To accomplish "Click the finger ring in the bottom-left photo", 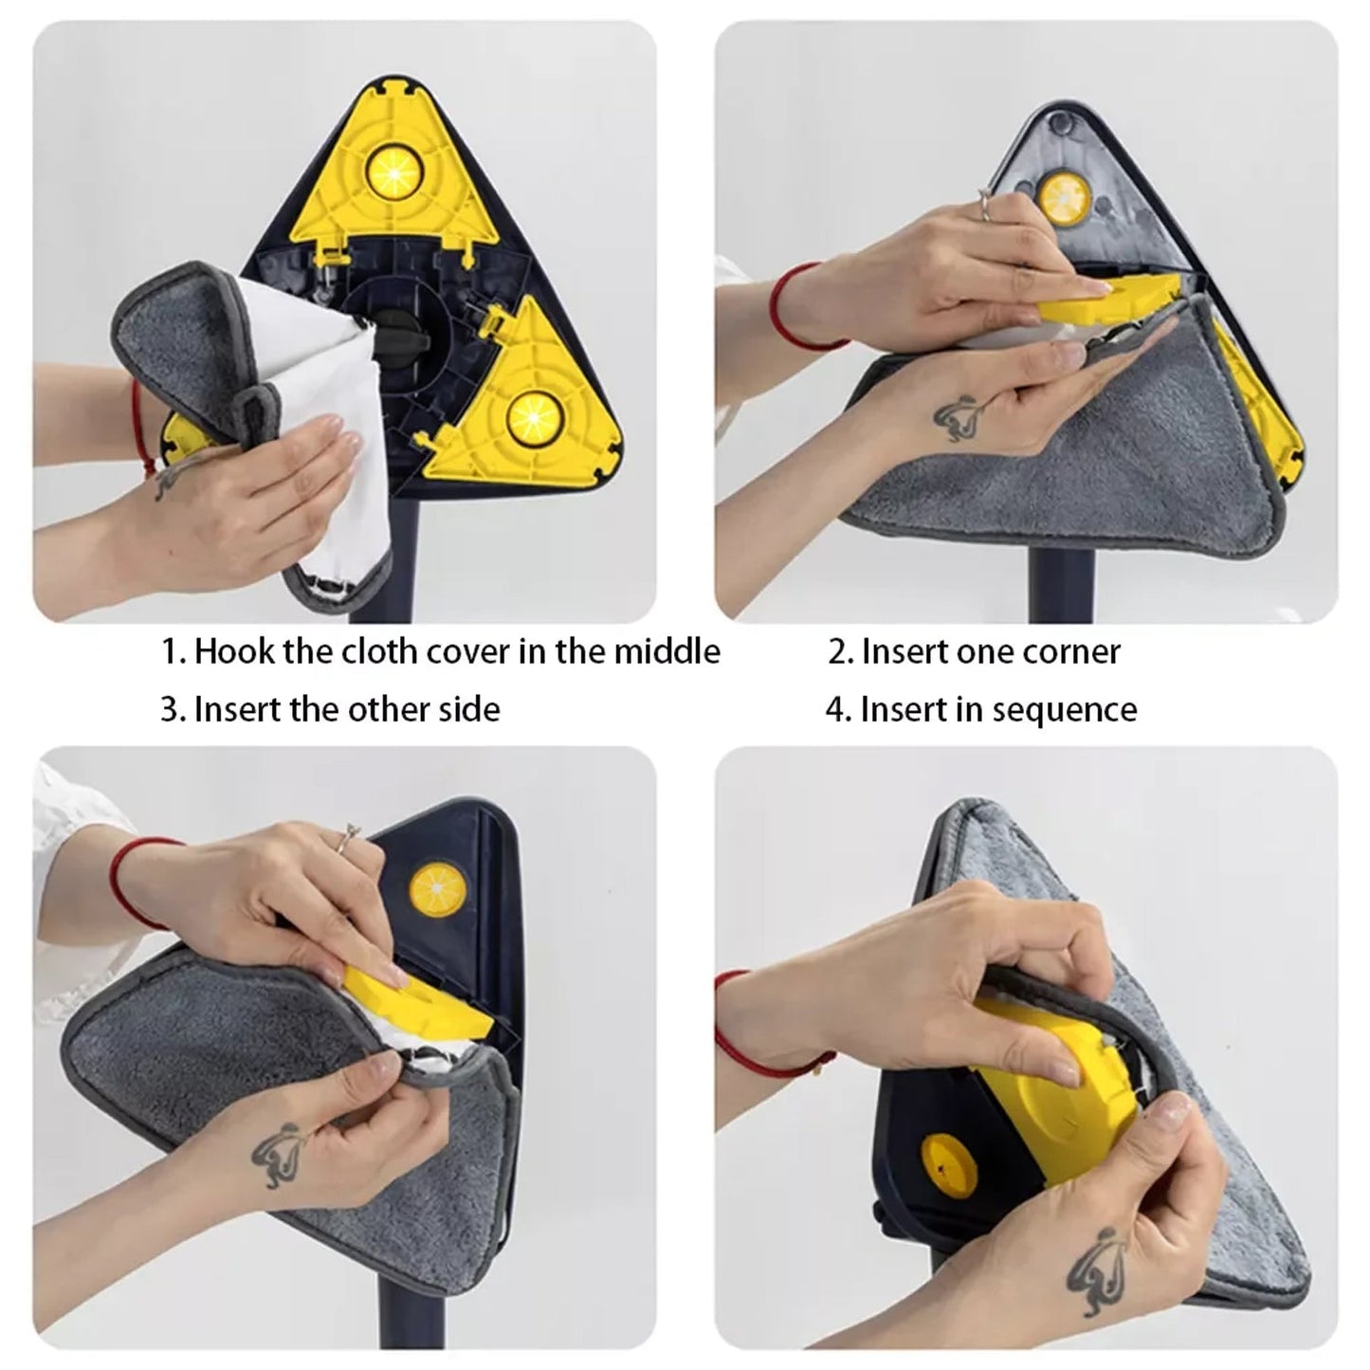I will [350, 834].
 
